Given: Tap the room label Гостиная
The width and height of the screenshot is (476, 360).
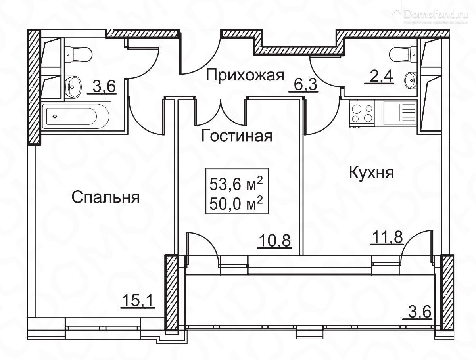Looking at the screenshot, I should click(237, 136).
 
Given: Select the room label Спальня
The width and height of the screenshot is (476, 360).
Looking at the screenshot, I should click(106, 197).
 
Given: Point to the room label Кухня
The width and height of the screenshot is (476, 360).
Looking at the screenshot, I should click(371, 173).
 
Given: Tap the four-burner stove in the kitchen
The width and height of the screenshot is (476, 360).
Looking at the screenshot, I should click(362, 113).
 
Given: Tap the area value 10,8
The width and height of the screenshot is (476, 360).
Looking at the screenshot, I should click(274, 241).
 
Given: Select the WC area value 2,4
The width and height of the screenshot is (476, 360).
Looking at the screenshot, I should click(379, 77).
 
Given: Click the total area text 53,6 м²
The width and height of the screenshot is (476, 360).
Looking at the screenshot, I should click(236, 184).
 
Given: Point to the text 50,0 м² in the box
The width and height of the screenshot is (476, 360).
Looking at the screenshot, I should click(236, 205).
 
